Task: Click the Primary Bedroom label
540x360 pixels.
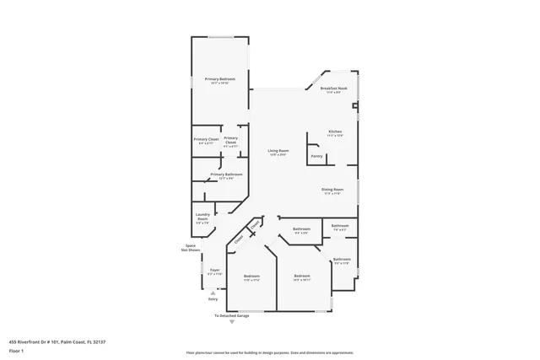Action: click(219, 80)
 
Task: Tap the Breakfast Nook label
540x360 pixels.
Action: click(334, 89)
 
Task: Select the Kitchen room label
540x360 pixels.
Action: click(335, 133)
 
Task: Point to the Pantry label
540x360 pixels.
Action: click(316, 156)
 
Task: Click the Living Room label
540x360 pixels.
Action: click(278, 152)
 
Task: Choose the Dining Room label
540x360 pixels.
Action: click(332, 191)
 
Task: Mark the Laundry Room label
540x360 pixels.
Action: click(202, 218)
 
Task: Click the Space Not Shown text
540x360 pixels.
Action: click(190, 248)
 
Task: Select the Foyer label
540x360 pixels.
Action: click(215, 272)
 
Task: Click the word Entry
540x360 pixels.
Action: click(213, 298)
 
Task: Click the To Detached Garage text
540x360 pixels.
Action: click(230, 315)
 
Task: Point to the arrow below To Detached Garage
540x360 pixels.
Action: click(230, 322)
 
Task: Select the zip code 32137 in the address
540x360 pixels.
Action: click(99, 341)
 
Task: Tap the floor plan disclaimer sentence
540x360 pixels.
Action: click(270, 353)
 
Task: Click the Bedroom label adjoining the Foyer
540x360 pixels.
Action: click(251, 277)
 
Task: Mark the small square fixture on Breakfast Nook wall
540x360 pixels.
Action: click(356, 106)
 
